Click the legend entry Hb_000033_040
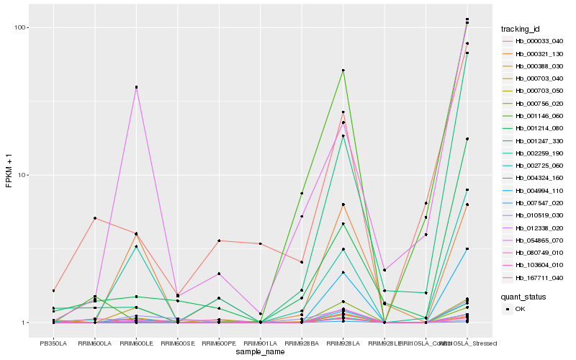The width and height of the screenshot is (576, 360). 534,41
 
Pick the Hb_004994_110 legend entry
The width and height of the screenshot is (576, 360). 534,191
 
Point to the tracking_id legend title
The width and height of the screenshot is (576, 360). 521,29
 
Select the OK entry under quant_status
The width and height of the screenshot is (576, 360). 521,308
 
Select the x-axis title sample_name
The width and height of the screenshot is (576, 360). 259,352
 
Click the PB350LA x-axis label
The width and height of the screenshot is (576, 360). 53,343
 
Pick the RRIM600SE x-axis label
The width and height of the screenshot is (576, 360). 177,343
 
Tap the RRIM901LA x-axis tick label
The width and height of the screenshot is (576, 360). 260,343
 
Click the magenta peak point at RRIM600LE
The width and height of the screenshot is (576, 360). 136,87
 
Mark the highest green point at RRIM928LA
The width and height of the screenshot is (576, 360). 343,71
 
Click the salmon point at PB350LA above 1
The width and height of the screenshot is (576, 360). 53,291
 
